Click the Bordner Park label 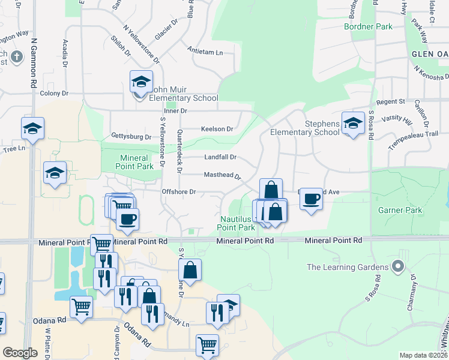tap(368, 26)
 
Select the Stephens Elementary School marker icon tap(353, 124)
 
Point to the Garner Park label tap(400, 210)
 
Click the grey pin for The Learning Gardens tap(397, 265)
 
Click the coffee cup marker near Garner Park tap(311, 199)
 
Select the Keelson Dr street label tap(217, 129)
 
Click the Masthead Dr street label tap(221, 176)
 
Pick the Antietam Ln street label tap(205, 52)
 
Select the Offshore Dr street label tap(179, 192)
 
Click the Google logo tap(20, 353)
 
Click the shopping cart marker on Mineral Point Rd tap(101, 244)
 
